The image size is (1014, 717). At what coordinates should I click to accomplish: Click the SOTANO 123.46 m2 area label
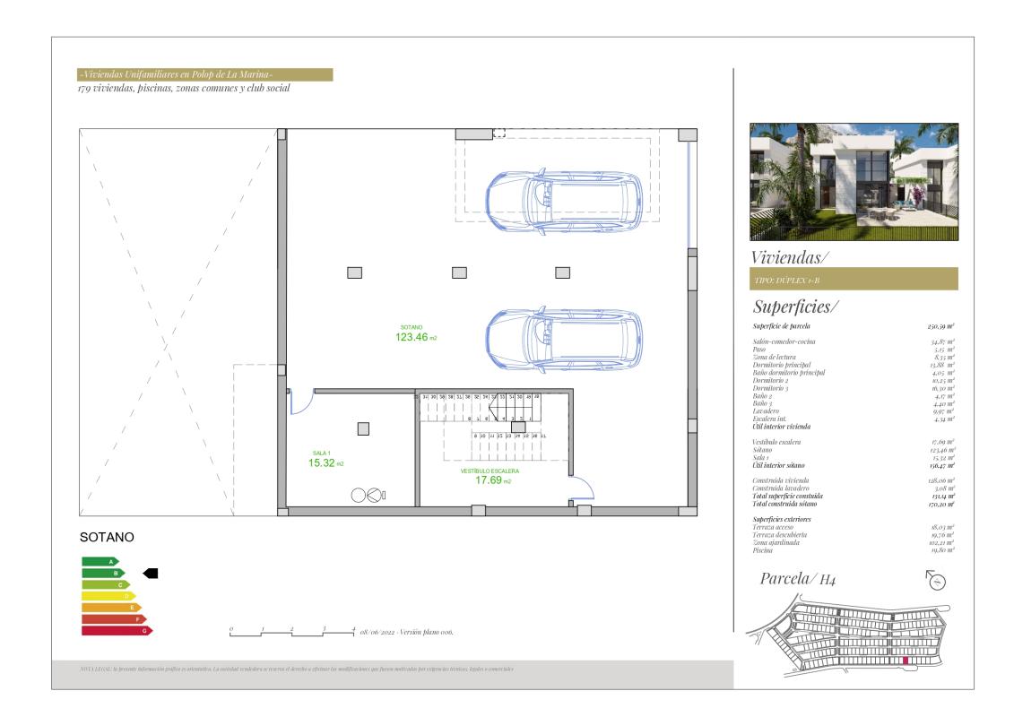(x=411, y=333)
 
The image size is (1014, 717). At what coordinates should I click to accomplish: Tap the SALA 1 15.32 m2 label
(x=321, y=459)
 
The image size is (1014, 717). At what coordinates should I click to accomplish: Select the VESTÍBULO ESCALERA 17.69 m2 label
(x=490, y=476)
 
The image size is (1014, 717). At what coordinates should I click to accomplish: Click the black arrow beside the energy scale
(x=151, y=573)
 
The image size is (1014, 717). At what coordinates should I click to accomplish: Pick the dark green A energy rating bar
(x=100, y=561)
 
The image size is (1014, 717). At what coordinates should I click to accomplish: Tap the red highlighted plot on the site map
(x=905, y=661)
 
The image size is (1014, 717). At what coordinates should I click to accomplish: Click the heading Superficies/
(x=795, y=307)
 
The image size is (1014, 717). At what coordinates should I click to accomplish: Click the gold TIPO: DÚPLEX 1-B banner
(x=854, y=280)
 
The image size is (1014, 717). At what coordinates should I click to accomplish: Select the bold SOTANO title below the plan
(x=107, y=538)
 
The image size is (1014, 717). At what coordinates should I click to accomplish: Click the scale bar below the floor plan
(x=292, y=632)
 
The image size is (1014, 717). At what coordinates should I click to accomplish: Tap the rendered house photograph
(x=854, y=182)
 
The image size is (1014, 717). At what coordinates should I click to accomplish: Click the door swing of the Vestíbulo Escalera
(x=582, y=488)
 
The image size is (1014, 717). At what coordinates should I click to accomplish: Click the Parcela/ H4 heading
(x=798, y=579)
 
